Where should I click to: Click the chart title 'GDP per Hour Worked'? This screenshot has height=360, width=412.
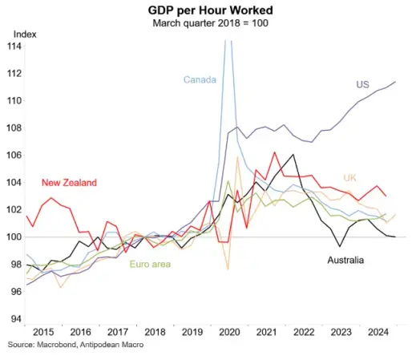point(210,10)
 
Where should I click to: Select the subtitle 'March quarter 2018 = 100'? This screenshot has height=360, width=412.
point(210,23)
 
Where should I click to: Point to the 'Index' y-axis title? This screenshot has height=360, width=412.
point(25,34)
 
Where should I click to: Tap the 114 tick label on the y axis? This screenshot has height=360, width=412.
point(14,47)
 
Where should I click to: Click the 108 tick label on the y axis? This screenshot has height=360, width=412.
point(14,128)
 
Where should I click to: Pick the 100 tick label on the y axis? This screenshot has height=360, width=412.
point(14,237)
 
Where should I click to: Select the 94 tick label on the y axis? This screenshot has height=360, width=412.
point(16,318)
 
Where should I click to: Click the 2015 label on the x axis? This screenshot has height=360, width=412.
point(43,332)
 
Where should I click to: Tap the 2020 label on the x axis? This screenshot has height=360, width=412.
point(229,332)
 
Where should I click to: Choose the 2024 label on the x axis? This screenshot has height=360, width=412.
point(378,332)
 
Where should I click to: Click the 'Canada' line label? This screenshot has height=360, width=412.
point(200,79)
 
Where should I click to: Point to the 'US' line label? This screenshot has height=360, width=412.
point(362,84)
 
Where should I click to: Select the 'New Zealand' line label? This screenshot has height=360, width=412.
point(69,183)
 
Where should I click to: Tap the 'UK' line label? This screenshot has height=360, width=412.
point(349,178)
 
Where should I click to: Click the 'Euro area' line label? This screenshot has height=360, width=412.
point(150,265)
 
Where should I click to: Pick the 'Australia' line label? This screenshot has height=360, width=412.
point(345,260)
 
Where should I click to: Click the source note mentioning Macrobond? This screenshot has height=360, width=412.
point(75,345)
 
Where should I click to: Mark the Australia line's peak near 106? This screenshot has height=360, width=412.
point(293,155)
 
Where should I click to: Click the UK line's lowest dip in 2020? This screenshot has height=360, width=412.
point(228,269)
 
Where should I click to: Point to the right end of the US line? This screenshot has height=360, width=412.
point(395,82)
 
